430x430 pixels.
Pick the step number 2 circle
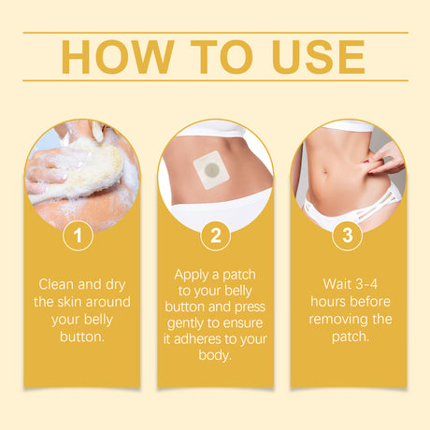click(215, 236)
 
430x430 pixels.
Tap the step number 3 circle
click(348, 236)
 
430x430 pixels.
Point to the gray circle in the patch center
click(212, 170)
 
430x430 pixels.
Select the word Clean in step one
click(58, 283)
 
